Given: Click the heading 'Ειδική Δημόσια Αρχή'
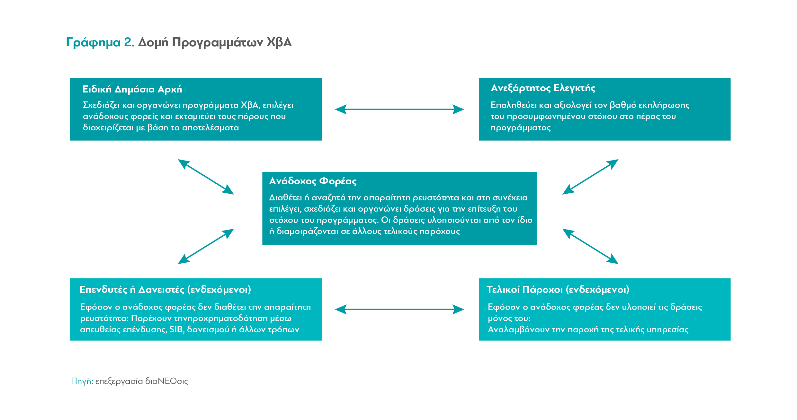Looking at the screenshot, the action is [x=132, y=89].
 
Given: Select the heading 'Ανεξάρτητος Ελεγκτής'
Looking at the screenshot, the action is [x=543, y=88].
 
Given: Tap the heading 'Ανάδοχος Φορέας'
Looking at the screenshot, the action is [x=313, y=181].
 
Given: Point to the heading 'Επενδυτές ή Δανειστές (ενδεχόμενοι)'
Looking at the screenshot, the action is [x=165, y=290].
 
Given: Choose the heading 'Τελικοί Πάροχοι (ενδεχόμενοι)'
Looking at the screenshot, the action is [x=558, y=290].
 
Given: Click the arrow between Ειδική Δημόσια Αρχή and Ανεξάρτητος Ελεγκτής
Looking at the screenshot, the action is [x=399, y=109].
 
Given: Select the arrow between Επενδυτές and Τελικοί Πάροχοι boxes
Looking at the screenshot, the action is [x=399, y=310].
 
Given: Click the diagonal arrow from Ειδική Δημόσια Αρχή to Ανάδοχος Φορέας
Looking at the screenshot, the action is [x=206, y=177].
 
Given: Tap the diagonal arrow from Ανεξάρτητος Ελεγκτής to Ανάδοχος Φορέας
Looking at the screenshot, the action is [x=590, y=177].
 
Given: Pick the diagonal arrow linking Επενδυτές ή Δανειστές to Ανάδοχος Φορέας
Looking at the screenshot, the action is [x=206, y=246].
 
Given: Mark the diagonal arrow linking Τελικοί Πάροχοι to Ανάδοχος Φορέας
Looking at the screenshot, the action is [x=590, y=246].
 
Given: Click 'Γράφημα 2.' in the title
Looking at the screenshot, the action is [x=100, y=43].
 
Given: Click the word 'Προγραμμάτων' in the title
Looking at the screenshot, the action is [x=218, y=43].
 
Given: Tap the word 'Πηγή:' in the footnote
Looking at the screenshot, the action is [x=82, y=381].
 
